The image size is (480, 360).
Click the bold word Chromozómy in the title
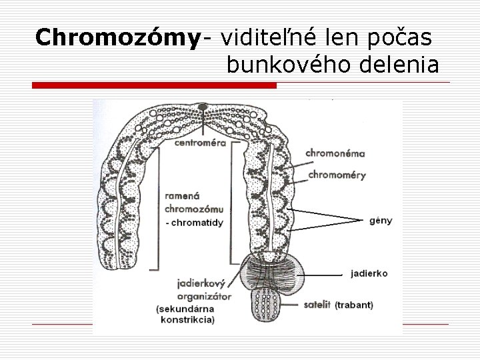[118, 38]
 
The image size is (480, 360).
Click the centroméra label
[200, 142]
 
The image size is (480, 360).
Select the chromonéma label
[335, 153]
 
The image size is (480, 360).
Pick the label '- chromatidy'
[194, 223]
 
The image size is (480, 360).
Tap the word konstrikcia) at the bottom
[187, 319]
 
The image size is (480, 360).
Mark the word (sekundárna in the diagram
[184, 309]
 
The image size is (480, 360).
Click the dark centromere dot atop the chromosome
[202, 107]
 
